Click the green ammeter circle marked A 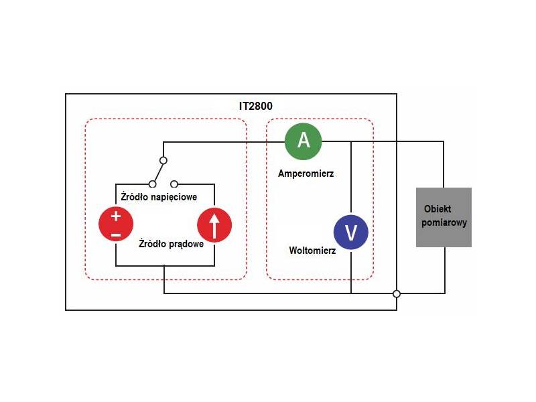click(304, 141)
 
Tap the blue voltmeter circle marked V click(351, 232)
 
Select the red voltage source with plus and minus click(116, 224)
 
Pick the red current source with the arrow click(214, 224)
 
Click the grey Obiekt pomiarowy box click(444, 217)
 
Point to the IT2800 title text click(256, 106)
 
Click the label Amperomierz click(306, 174)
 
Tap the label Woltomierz click(312, 251)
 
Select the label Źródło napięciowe click(158, 197)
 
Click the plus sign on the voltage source click(116, 216)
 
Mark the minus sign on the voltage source click(116, 234)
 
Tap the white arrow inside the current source click(214, 225)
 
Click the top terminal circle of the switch click(163, 161)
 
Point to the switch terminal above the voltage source click(153, 184)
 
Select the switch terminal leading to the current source click(174, 184)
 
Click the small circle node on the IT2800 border click(397, 293)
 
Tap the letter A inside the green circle click(304, 141)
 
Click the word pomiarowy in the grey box click(444, 223)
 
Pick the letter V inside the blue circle click(351, 232)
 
